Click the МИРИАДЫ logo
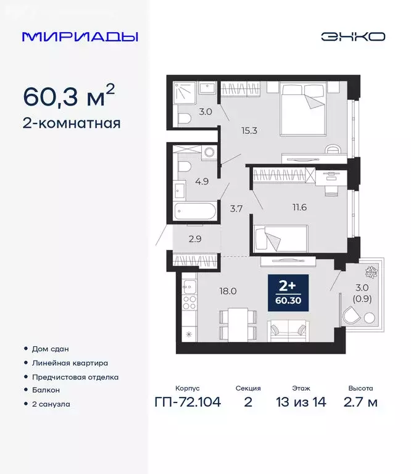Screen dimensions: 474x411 coord(80,36)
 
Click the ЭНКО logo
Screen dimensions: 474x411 coord(352,36)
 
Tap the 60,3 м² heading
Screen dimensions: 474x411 coord(68,97)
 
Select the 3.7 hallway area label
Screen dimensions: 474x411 coord(236,208)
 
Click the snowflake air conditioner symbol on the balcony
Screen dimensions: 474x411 coord(374,272)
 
